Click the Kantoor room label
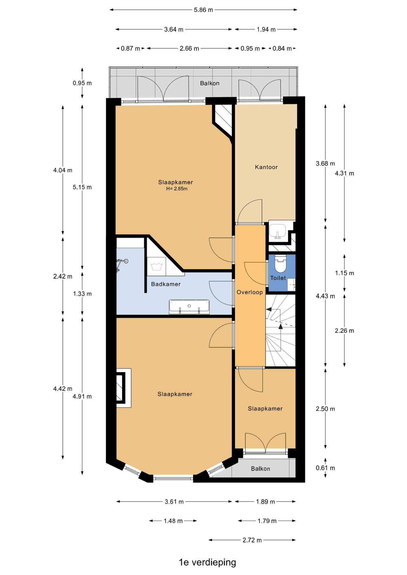[266, 167]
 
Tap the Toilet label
[278, 278]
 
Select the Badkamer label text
[166, 284]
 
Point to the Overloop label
[250, 292]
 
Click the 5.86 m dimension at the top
[203, 10]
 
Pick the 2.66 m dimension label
[189, 49]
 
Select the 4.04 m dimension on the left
[63, 170]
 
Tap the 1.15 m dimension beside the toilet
[345, 273]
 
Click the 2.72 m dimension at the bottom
[252, 540]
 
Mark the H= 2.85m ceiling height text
[177, 189]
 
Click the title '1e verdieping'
[207, 562]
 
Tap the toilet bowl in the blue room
[281, 264]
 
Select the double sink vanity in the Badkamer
[189, 307]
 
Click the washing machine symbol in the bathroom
[156, 266]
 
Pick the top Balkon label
[210, 83]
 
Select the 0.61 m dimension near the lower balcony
[325, 468]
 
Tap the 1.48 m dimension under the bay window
[173, 521]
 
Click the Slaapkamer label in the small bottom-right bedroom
[265, 408]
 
